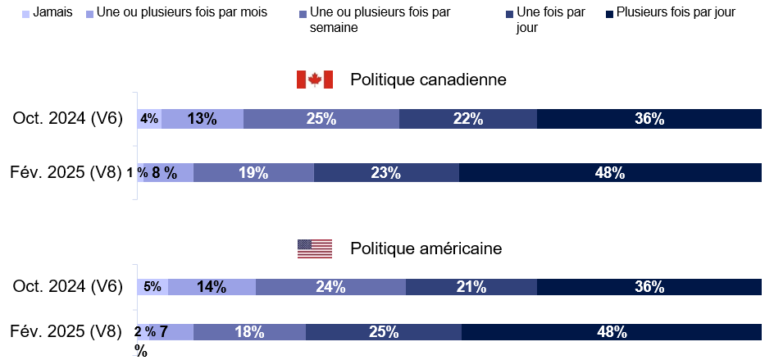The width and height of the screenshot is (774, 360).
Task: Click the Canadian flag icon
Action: click(314, 80)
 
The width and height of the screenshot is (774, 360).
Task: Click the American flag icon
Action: click(314, 248)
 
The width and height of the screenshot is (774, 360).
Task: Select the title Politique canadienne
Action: click(428, 80)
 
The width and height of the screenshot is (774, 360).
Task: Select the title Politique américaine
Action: click(426, 248)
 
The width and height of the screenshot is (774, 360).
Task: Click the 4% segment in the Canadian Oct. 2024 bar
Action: click(149, 118)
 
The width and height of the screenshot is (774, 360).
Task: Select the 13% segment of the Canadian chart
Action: click(202, 118)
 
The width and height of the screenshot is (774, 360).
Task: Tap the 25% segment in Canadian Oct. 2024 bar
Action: click(321, 118)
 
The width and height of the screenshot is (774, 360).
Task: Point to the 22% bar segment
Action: click(467, 118)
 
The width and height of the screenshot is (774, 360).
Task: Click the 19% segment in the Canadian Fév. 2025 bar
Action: click(253, 172)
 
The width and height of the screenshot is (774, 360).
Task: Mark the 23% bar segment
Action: click(385, 172)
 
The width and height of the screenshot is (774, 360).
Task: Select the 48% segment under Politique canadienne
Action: click(610, 172)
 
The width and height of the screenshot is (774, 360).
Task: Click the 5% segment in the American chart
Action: click(153, 286)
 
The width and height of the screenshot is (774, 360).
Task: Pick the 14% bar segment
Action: click(212, 286)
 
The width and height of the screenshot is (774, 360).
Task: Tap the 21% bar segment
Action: click(471, 286)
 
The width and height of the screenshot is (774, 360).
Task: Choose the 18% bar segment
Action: click(249, 332)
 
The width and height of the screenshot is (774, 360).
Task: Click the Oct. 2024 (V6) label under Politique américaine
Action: click(67, 286)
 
